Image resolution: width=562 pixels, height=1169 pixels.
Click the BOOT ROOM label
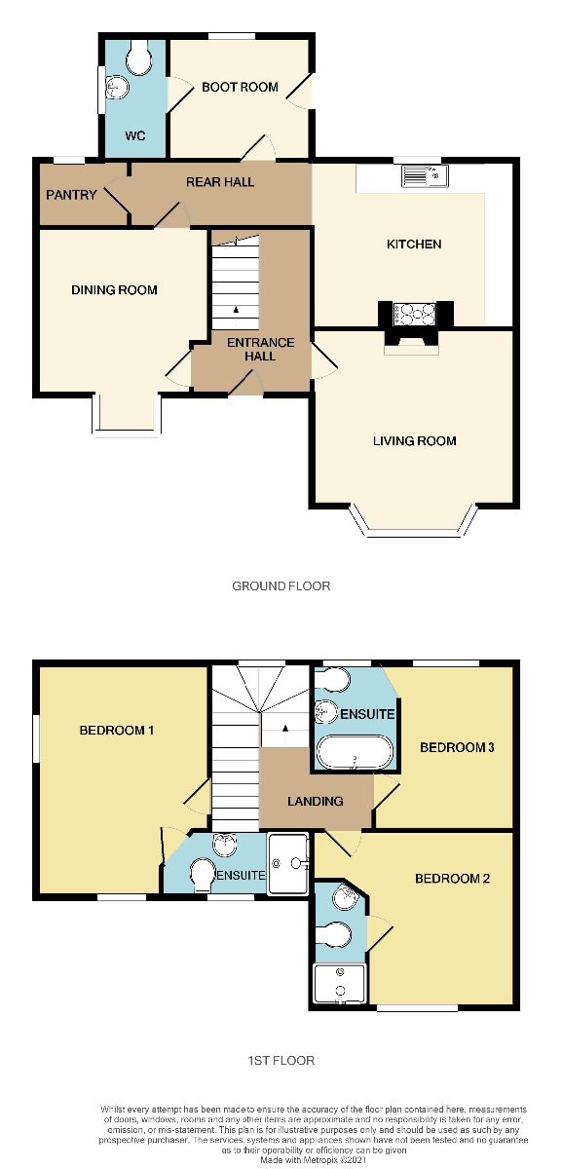coord(240,87)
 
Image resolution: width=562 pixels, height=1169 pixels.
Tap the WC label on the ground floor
coord(134,135)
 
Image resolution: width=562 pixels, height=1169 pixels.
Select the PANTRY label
coord(71,195)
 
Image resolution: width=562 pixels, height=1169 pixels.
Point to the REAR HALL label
coord(220,181)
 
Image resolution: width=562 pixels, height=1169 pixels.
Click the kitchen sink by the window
coord(424,176)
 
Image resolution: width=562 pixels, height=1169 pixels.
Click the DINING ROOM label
coord(114,289)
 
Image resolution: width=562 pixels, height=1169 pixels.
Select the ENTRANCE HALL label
coord(260,349)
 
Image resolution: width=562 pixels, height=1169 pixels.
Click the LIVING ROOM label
coord(415,440)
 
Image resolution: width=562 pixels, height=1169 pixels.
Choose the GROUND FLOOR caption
coord(281,585)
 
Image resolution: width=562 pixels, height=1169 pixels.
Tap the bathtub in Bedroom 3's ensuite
coord(355,753)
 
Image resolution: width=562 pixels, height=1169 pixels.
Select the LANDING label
coord(315,801)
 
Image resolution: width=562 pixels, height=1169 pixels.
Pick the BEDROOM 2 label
coord(451,878)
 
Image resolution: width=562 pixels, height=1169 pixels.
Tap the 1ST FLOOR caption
coord(281,1060)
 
